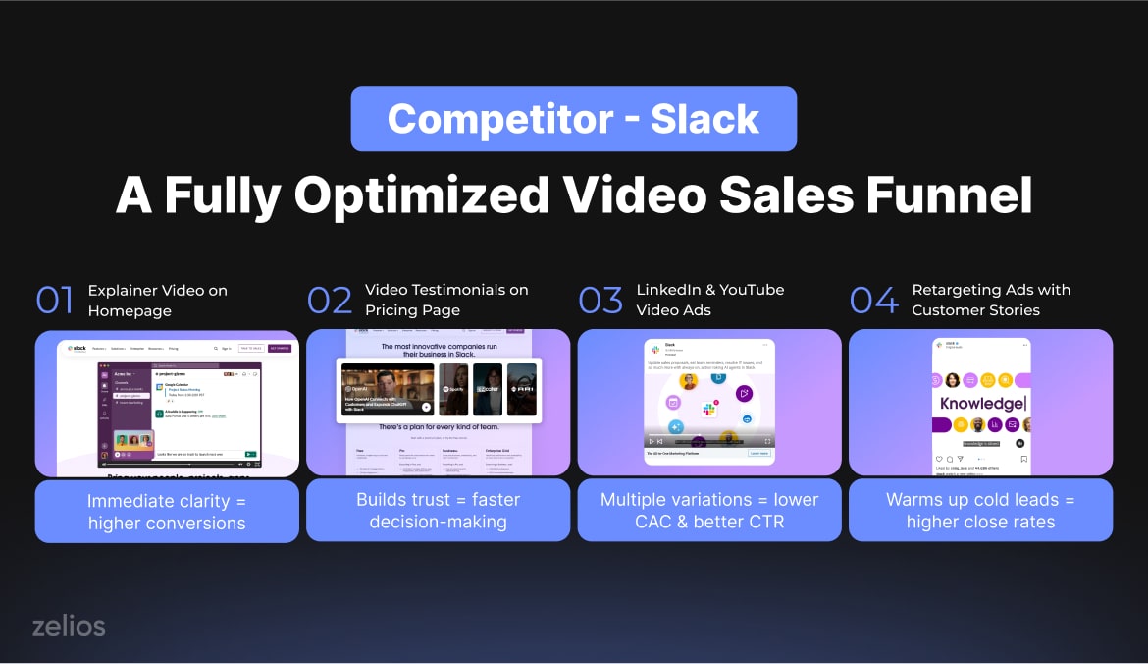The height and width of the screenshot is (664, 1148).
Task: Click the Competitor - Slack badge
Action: tap(573, 119)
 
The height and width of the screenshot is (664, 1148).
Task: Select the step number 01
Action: tap(55, 301)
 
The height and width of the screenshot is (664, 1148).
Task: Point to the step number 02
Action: tap(330, 301)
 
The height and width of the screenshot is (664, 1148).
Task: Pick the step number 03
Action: tap(600, 301)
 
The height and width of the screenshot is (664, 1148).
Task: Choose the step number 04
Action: tap(873, 301)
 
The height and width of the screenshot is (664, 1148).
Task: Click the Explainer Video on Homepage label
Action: tap(157, 301)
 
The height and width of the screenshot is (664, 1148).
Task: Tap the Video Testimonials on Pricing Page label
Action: tap(446, 301)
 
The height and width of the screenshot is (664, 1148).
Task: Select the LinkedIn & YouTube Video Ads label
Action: tap(709, 301)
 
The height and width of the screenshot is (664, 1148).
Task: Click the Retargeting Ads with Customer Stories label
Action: tap(990, 301)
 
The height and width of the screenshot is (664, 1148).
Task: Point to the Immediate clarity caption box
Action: tap(167, 511)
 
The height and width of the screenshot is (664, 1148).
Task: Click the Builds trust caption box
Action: tap(438, 511)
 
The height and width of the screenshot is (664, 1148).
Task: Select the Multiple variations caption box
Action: tap(709, 511)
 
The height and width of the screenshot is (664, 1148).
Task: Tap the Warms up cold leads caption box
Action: tap(980, 511)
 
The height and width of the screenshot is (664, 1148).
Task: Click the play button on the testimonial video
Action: tap(426, 406)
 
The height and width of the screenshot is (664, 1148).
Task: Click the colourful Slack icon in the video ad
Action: tap(709, 408)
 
